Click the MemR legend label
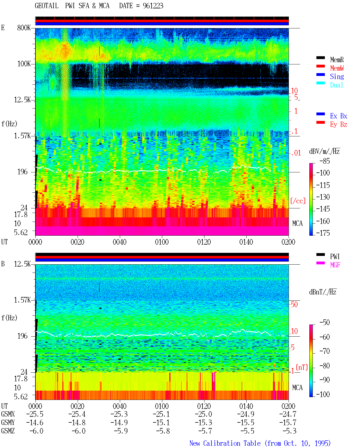coord(337,60)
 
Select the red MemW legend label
coord(337,68)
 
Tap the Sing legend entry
coord(337,76)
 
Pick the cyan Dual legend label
coord(336,85)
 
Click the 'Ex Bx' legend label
coord(338,116)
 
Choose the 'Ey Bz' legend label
coord(338,125)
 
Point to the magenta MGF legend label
coord(335,265)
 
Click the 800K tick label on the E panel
coord(24,28)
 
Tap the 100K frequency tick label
coord(24,64)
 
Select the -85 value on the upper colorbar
coord(325,161)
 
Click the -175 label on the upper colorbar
coord(323,233)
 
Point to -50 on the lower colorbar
coord(325,323)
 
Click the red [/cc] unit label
coord(298,201)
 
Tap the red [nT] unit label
coord(302,367)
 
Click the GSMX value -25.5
coord(35,414)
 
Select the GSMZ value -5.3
coord(289,431)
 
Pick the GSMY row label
coord(8,423)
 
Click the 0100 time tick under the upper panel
coord(162,242)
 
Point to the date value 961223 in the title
coord(153,6)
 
